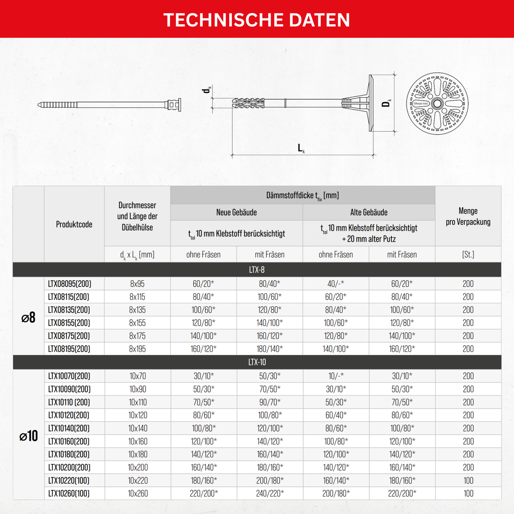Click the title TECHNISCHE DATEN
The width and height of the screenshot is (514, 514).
pyautogui.click(x=257, y=20)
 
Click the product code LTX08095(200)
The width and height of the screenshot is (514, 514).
pyautogui.click(x=69, y=284)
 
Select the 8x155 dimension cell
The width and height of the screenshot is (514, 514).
pyautogui.click(x=137, y=323)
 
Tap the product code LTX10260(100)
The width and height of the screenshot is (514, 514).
pyautogui.click(x=69, y=493)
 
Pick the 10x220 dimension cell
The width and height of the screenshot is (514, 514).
pyautogui.click(x=137, y=481)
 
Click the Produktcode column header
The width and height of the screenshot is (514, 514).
pyautogui.click(x=74, y=224)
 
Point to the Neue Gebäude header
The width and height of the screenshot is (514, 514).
pyautogui.click(x=236, y=212)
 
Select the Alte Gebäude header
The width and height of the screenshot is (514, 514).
pyautogui.click(x=369, y=212)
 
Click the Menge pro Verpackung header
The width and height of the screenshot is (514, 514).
pyautogui.click(x=468, y=216)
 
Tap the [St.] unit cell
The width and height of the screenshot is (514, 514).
pyautogui.click(x=468, y=254)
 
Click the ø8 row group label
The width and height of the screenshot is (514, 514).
pyautogui.click(x=28, y=317)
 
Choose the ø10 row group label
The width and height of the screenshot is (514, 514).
pyautogui.click(x=28, y=436)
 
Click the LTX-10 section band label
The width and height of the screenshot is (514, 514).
pyautogui.click(x=257, y=362)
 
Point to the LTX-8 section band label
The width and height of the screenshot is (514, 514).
pyautogui.click(x=257, y=270)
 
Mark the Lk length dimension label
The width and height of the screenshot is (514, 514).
pyautogui.click(x=301, y=149)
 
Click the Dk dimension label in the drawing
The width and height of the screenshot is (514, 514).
pyautogui.click(x=387, y=103)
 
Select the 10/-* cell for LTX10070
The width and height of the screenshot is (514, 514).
pyautogui.click(x=336, y=376)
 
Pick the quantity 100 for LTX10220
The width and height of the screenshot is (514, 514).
pyautogui.click(x=468, y=481)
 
